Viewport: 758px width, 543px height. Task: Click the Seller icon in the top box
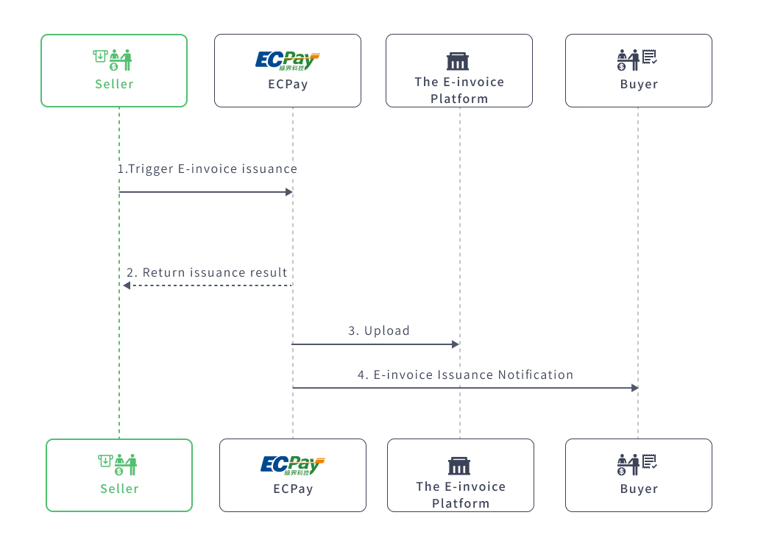coord(113,60)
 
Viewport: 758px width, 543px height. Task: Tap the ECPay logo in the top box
coord(287,60)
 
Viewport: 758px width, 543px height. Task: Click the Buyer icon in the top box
coord(637,60)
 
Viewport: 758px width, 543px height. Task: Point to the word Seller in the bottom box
coord(119,489)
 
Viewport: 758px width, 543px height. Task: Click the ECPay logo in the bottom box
coord(292,465)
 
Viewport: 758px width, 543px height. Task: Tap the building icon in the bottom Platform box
coord(459,466)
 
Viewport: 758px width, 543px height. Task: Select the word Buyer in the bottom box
coord(638,489)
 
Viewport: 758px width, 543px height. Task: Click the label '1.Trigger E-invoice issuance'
coord(208,169)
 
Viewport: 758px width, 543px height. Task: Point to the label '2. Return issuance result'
coord(207,273)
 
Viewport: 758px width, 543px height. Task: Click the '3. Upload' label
coord(379,331)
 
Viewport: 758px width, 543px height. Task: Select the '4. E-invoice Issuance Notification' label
coord(465,375)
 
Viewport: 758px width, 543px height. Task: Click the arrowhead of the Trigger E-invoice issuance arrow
coord(289,192)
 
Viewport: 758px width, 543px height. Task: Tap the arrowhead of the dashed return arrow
coord(127,285)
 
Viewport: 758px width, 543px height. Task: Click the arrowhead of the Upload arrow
coord(456,344)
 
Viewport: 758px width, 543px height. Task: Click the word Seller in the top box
coord(114,84)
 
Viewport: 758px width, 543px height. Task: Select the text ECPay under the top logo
coord(287,84)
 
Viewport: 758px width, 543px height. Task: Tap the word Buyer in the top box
coord(638,84)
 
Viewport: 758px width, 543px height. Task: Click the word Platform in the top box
coord(458,99)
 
